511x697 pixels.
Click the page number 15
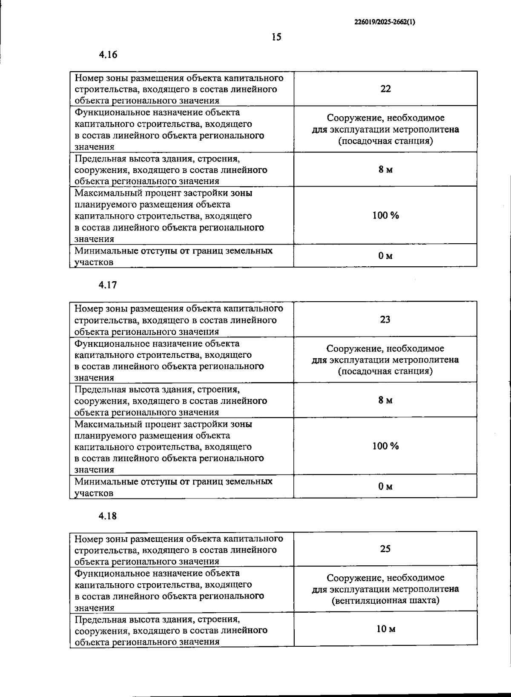point(276,37)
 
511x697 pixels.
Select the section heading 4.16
point(108,55)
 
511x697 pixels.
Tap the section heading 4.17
point(108,285)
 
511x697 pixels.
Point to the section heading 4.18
point(108,516)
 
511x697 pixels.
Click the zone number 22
point(385,89)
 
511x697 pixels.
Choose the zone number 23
point(385,320)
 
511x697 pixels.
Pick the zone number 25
point(385,549)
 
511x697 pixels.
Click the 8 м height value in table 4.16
point(385,170)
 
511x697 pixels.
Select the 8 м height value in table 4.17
point(385,400)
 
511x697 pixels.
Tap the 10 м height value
point(386,629)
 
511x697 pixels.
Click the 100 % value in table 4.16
point(385,216)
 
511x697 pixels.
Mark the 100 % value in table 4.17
point(385,446)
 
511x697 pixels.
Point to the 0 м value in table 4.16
point(385,256)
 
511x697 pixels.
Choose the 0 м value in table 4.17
point(385,486)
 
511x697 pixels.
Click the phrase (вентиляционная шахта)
point(385,601)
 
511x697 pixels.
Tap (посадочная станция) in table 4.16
point(385,141)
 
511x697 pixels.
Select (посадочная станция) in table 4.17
point(385,371)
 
